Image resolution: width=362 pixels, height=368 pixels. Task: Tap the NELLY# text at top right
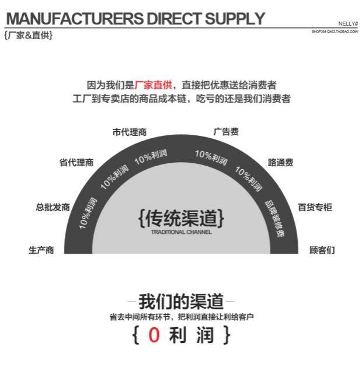click(348, 24)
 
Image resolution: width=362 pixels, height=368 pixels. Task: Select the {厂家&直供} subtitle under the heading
click(28, 36)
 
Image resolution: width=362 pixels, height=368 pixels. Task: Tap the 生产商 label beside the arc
click(41, 250)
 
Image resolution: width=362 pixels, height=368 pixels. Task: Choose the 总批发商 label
click(53, 207)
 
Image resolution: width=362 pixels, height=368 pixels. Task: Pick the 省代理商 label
click(76, 163)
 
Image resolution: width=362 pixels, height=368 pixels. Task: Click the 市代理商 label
click(129, 132)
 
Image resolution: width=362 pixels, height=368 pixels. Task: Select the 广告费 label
click(226, 132)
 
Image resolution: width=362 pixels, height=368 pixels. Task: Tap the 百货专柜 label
click(315, 207)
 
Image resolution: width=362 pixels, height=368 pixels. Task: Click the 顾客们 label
click(322, 250)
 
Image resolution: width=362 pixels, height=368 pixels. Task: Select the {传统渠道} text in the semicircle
click(181, 218)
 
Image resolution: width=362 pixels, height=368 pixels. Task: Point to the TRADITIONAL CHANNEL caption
click(181, 232)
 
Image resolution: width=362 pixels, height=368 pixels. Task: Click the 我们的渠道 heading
click(181, 302)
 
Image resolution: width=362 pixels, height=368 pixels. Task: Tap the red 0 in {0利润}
click(154, 335)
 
